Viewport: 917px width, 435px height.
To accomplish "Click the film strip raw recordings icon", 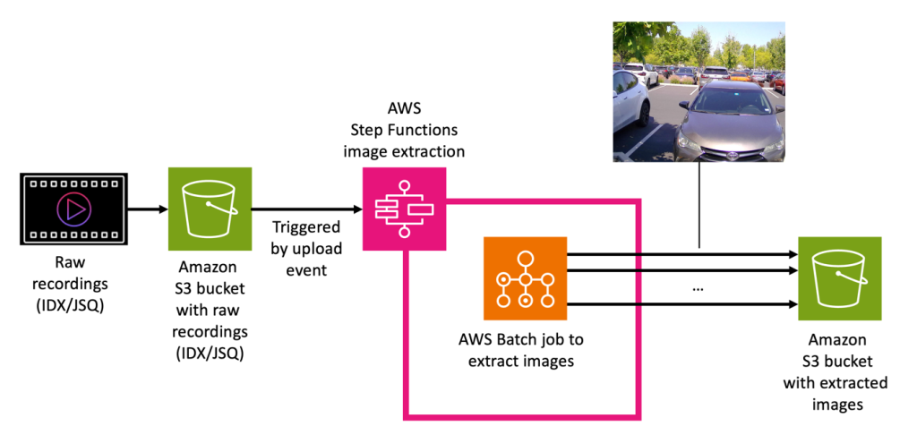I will pyautogui.click(x=73, y=209).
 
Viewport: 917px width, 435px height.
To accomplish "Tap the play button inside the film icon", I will pyautogui.click(x=73, y=209).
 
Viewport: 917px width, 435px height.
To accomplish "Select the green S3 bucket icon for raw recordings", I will pyautogui.click(x=210, y=209).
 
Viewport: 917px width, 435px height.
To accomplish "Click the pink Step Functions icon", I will pyautogui.click(x=403, y=209).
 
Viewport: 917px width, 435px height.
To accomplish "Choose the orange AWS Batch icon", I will pyautogui.click(x=526, y=277).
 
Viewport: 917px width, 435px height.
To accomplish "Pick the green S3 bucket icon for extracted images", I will pyautogui.click(x=840, y=277).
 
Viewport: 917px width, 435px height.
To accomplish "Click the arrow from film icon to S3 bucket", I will pyautogui.click(x=147, y=209).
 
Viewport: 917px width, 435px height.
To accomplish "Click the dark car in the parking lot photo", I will pyautogui.click(x=730, y=121).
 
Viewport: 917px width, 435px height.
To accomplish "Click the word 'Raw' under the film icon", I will pyautogui.click(x=71, y=265).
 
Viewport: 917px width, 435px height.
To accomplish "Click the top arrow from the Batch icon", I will pyautogui.click(x=681, y=255).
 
